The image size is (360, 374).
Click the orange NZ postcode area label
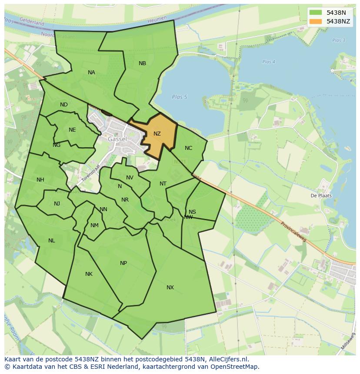(157, 134)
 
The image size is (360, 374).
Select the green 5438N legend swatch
(316, 13)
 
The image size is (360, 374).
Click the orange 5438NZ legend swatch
(316, 21)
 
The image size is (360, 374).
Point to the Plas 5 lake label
(179, 97)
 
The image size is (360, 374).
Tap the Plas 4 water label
(269, 62)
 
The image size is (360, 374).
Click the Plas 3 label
(338, 40)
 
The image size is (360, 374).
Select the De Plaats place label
(321, 195)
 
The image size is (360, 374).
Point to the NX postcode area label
(170, 288)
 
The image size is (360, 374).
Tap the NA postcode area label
(91, 73)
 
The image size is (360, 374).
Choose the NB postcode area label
(142, 63)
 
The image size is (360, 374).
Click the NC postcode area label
(188, 148)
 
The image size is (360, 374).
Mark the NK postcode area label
(89, 274)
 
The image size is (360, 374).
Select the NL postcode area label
(52, 241)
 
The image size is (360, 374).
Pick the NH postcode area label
(40, 180)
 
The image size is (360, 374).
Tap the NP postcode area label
(123, 263)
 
